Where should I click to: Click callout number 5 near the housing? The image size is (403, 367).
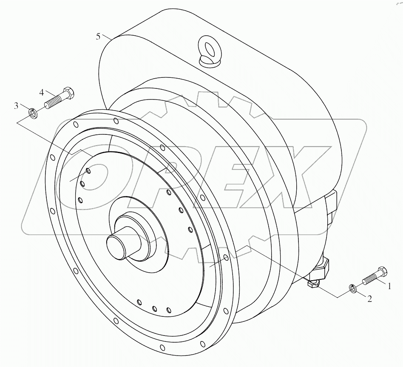tap(98, 37)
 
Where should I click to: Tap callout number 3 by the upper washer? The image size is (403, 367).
tap(17, 106)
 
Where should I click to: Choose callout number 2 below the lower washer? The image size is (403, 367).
tap(369, 299)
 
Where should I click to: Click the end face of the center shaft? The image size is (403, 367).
tap(116, 245)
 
